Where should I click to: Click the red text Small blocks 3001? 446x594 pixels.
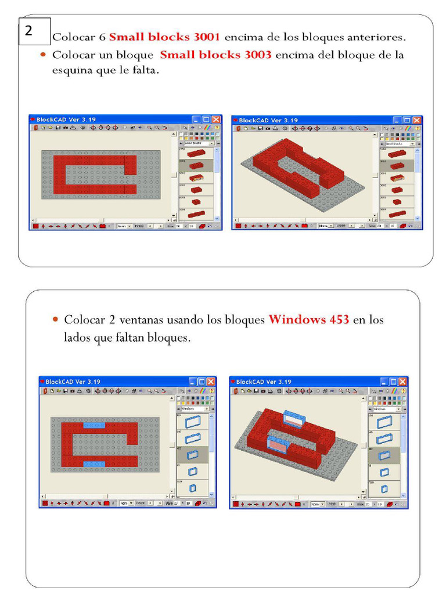(x=164, y=37)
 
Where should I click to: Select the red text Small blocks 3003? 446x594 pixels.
(x=215, y=55)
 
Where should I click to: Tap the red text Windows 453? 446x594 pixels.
(x=308, y=320)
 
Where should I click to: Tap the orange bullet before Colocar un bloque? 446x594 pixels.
(x=44, y=56)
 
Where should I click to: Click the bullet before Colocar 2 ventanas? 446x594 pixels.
(x=55, y=320)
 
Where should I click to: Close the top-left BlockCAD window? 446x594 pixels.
(x=216, y=119)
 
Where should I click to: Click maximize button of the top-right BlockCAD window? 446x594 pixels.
(x=407, y=120)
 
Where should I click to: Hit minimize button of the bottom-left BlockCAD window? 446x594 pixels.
(x=192, y=382)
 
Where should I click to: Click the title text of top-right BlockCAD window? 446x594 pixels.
(x=268, y=120)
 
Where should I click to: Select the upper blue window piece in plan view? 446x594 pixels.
(x=94, y=425)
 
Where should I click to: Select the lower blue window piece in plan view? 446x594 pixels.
(x=94, y=464)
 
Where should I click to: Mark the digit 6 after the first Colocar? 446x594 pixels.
(x=102, y=38)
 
